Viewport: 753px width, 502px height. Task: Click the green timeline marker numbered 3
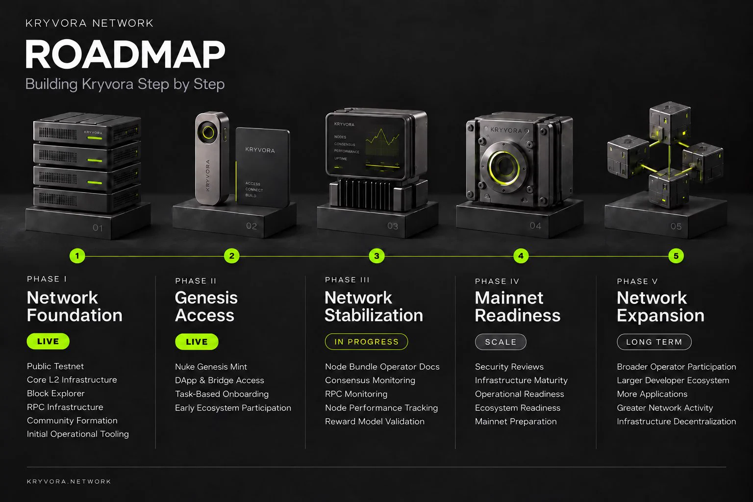pyautogui.click(x=376, y=256)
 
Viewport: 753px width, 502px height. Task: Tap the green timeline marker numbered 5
pyautogui.click(x=676, y=256)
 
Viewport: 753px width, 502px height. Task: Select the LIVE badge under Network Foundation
pyautogui.click(x=48, y=341)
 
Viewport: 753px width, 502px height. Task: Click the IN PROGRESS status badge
pyautogui.click(x=366, y=342)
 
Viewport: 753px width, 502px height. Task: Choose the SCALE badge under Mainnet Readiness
pyautogui.click(x=501, y=342)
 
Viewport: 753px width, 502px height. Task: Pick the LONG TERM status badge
pyautogui.click(x=654, y=342)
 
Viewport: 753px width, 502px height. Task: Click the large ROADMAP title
pyautogui.click(x=125, y=54)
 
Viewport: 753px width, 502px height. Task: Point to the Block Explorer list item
pyautogui.click(x=56, y=393)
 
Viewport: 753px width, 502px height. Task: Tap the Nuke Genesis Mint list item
pyautogui.click(x=211, y=367)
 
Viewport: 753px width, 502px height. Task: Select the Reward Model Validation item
pyautogui.click(x=375, y=421)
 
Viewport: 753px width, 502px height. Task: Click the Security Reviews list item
pyautogui.click(x=509, y=367)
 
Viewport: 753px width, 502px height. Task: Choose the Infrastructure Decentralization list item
pyautogui.click(x=677, y=421)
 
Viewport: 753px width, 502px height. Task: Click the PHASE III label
pyautogui.click(x=347, y=280)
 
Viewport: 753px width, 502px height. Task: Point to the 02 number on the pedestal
pyautogui.click(x=251, y=226)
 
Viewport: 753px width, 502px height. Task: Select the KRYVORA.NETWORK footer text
pyautogui.click(x=69, y=481)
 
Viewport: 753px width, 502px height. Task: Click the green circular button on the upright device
pyautogui.click(x=208, y=132)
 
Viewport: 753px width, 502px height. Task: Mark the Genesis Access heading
pyautogui.click(x=206, y=306)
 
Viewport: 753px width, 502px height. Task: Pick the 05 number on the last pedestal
pyautogui.click(x=676, y=226)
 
